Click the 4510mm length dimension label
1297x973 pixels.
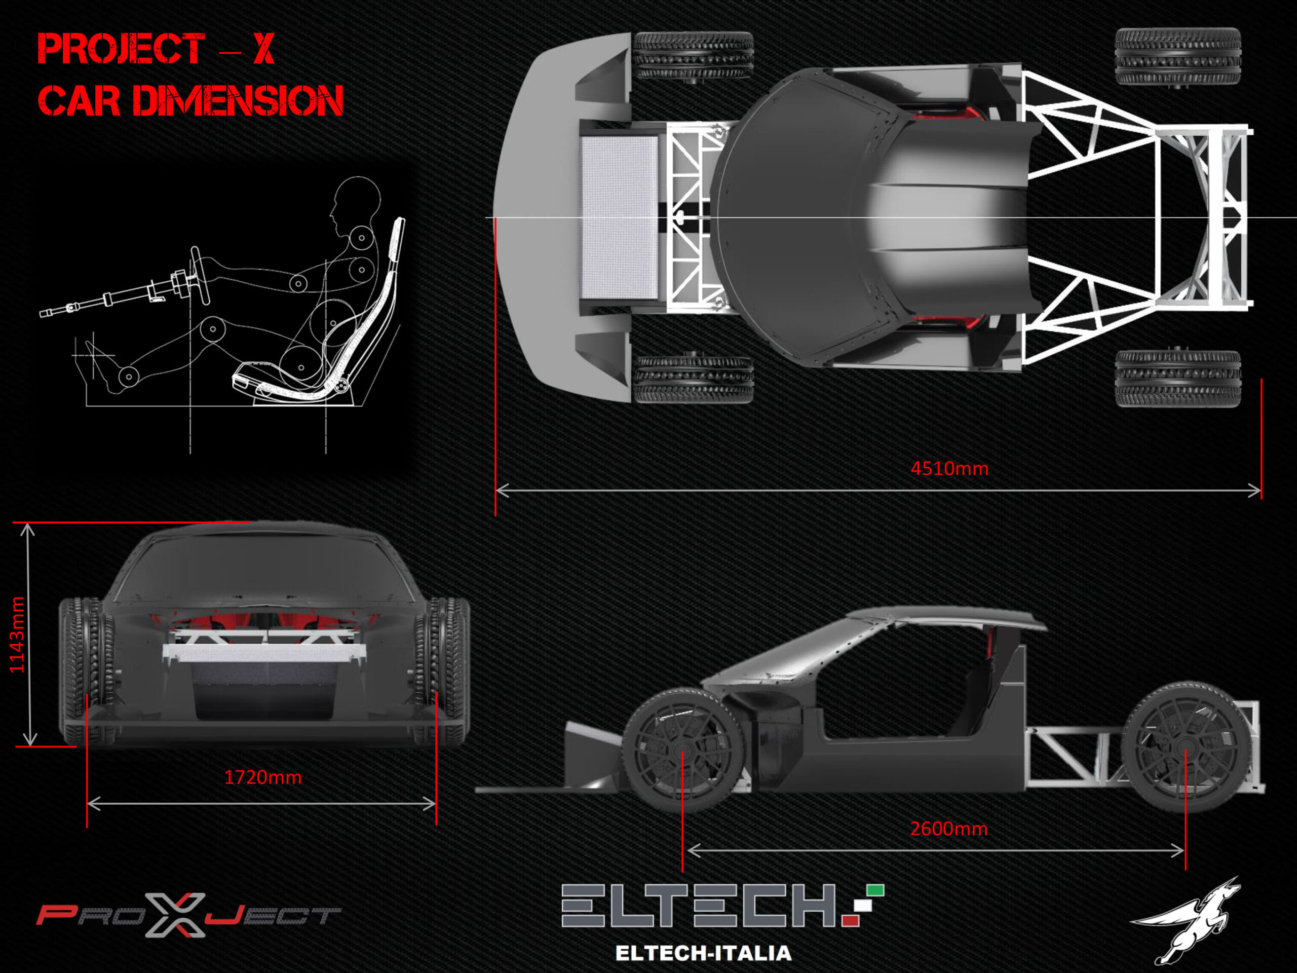point(949,469)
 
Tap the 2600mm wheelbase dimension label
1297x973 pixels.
point(949,829)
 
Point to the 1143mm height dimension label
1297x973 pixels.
point(17,634)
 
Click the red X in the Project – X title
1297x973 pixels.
point(264,48)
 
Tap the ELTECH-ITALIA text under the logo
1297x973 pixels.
point(703,953)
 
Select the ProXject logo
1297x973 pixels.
point(188,914)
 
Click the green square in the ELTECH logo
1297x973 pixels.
point(875,890)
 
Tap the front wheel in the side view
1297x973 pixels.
point(682,751)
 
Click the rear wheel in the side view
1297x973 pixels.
point(1185,746)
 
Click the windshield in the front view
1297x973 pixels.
point(264,569)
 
